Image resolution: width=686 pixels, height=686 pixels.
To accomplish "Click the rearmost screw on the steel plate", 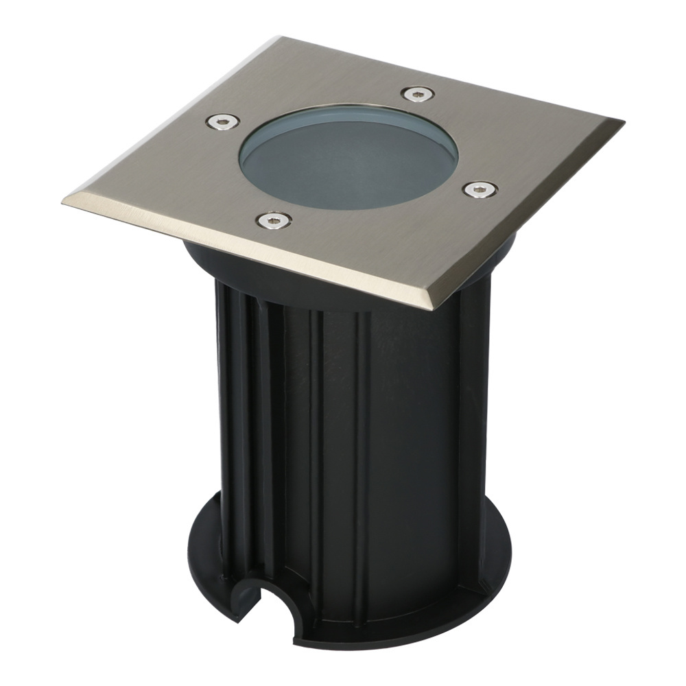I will [x=416, y=93].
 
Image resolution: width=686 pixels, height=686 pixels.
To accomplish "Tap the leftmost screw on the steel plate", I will [x=223, y=122].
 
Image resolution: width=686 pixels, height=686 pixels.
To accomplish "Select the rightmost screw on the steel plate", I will [x=480, y=189].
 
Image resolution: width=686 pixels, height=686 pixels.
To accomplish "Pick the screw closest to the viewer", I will [x=274, y=220].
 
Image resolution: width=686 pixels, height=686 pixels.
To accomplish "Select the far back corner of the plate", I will [x=281, y=38].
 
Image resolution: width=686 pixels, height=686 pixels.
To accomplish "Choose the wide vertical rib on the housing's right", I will [x=473, y=412].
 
